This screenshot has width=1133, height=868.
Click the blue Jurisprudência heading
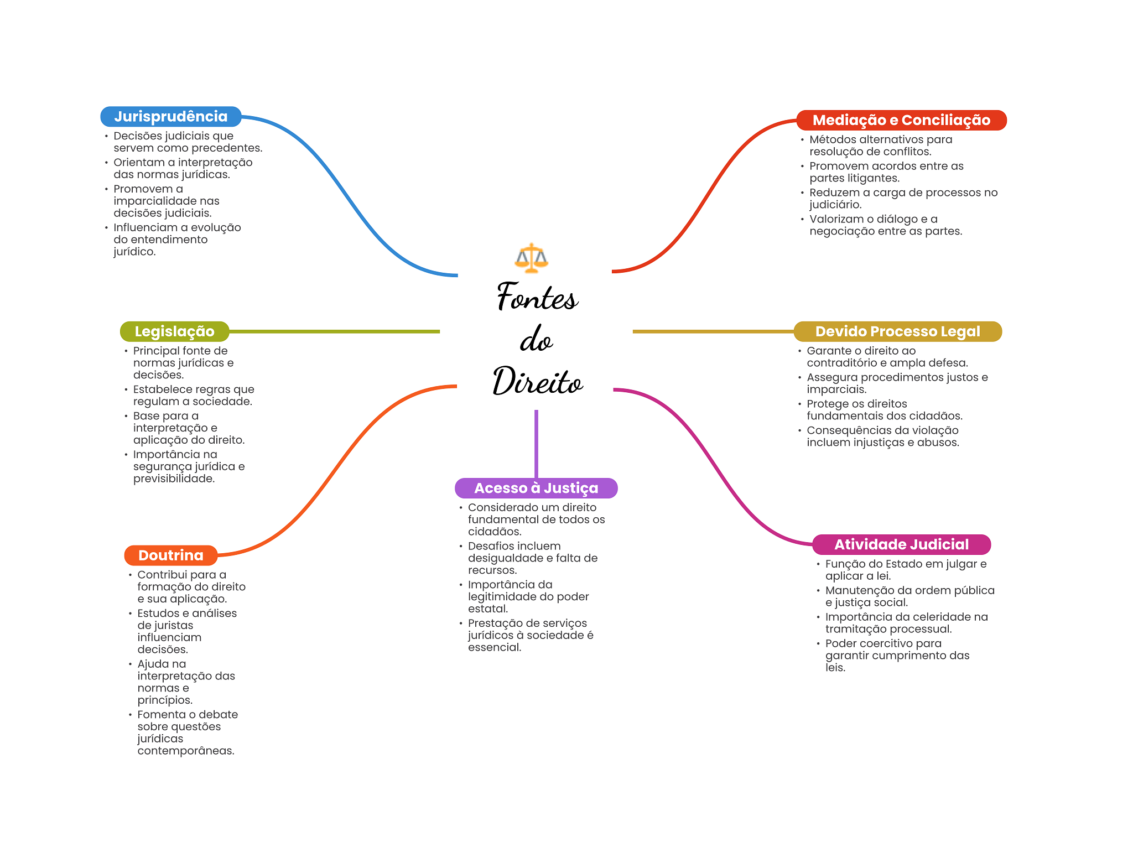[171, 116]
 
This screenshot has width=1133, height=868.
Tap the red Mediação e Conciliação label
[901, 120]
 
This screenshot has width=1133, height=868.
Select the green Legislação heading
[174, 331]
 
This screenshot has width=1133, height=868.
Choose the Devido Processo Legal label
[897, 331]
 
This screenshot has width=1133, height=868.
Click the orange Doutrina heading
[170, 555]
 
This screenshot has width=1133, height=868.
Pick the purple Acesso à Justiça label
[536, 488]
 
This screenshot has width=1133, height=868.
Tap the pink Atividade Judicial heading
[901, 544]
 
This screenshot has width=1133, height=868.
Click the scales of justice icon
[531, 258]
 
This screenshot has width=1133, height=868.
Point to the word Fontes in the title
[537, 296]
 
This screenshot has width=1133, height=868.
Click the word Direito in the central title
[538, 381]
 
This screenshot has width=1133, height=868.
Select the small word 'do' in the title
[536, 339]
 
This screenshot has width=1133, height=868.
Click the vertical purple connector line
[536, 444]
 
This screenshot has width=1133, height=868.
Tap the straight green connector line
[335, 331]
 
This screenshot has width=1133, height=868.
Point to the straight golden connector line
[713, 331]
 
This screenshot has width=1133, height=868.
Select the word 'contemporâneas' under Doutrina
[186, 751]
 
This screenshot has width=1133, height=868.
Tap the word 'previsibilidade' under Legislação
[174, 479]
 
